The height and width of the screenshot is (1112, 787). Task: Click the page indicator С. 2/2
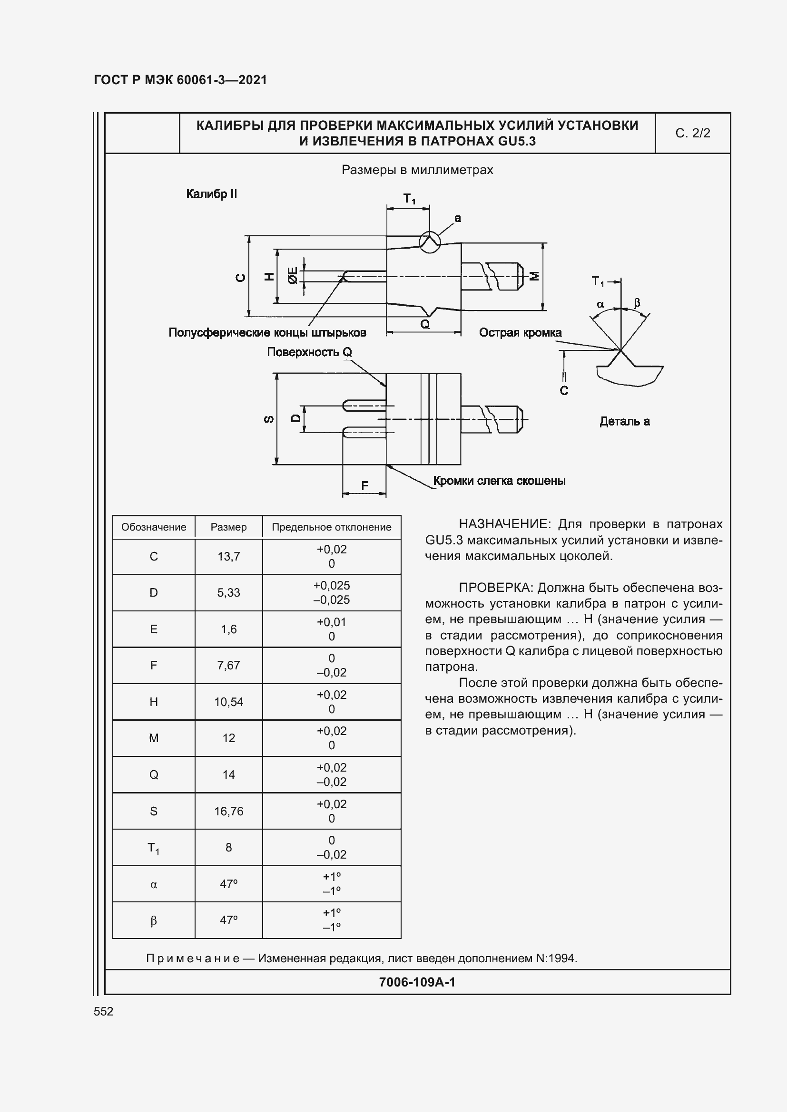pyautogui.click(x=692, y=133)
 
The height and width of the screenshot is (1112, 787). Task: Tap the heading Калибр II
pyautogui.click(x=211, y=194)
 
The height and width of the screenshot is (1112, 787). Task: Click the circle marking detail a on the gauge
pyautogui.click(x=429, y=241)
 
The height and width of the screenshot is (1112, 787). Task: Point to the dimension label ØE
pyautogui.click(x=293, y=275)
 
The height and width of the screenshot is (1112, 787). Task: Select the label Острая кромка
pyautogui.click(x=520, y=333)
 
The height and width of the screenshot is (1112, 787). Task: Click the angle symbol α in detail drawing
pyautogui.click(x=600, y=305)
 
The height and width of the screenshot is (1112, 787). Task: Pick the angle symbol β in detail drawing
pyautogui.click(x=637, y=303)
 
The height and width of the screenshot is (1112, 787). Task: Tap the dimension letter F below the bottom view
pyautogui.click(x=365, y=485)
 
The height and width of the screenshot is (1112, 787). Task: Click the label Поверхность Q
pyautogui.click(x=309, y=352)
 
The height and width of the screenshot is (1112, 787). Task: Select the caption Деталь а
pyautogui.click(x=624, y=421)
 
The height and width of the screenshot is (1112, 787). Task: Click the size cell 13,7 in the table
pyautogui.click(x=228, y=557)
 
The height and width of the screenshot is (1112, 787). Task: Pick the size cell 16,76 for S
pyautogui.click(x=228, y=811)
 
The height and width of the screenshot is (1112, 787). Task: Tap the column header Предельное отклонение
pyautogui.click(x=332, y=527)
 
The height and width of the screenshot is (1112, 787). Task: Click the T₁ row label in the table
pyautogui.click(x=154, y=848)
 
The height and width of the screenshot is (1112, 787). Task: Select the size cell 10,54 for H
pyautogui.click(x=228, y=702)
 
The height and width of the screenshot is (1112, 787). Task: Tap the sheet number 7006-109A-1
pyautogui.click(x=417, y=982)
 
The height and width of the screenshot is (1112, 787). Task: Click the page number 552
pyautogui.click(x=103, y=1012)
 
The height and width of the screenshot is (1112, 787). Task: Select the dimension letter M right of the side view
pyautogui.click(x=534, y=276)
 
